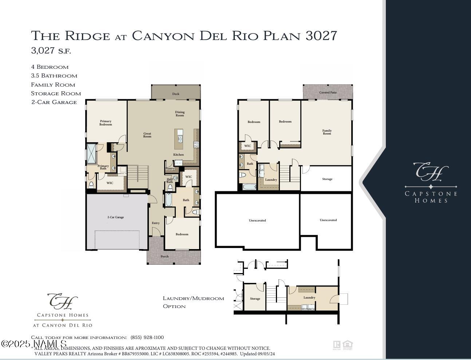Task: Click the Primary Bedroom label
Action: pos(106,123)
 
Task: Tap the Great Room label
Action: pos(147,135)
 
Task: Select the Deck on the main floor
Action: pos(176,93)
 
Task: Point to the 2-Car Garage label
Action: pos(115,217)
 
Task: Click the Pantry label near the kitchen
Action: pos(170,168)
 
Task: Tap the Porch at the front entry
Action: pos(165,256)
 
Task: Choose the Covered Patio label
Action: pos(328,92)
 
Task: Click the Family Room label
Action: pos(327,132)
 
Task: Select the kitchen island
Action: pos(179,139)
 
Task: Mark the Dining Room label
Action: pos(180,114)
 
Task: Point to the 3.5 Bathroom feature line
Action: pos(54,76)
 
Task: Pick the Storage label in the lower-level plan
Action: pos(327,179)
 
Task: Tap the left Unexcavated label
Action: pos(257,220)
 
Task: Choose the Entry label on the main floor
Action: pos(155,223)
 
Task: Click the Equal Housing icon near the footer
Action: pos(348,345)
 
